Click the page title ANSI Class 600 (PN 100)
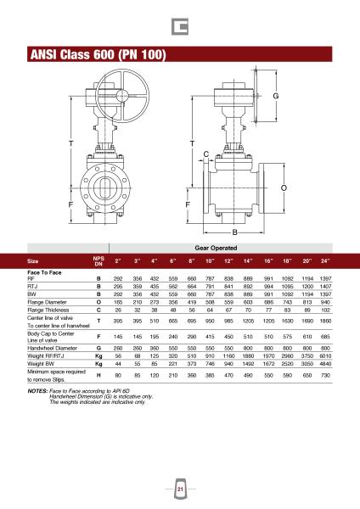(98, 54)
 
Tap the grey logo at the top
(180, 26)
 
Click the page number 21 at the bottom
(180, 489)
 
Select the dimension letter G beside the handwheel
(276, 96)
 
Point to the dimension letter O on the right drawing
(284, 187)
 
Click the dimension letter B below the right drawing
(234, 232)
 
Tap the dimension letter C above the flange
(206, 154)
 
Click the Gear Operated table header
(216, 248)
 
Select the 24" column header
(325, 261)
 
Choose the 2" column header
(118, 261)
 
